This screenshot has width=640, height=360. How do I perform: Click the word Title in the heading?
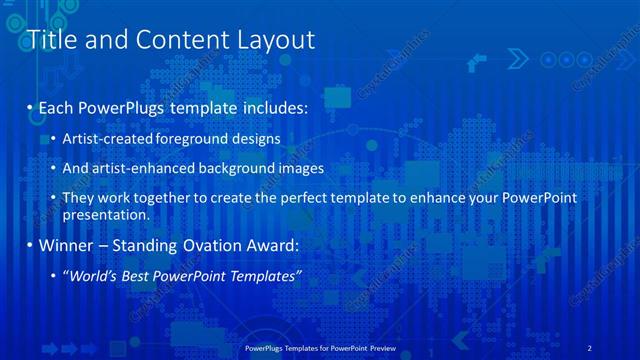(x=51, y=40)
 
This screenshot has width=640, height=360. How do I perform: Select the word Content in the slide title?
(x=179, y=40)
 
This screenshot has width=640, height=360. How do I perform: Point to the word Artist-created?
(x=108, y=138)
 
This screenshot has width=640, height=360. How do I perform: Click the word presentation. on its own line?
(x=105, y=214)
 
